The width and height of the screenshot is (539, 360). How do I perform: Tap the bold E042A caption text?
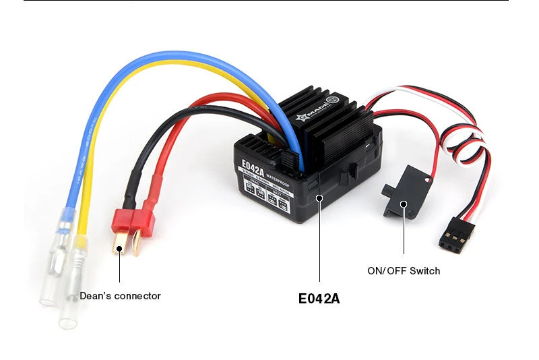[319, 298]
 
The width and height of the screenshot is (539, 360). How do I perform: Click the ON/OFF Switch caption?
[404, 271]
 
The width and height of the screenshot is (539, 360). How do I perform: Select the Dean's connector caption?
[120, 296]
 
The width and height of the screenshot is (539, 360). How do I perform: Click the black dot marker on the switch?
[404, 204]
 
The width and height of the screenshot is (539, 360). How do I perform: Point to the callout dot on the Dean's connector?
[120, 249]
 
